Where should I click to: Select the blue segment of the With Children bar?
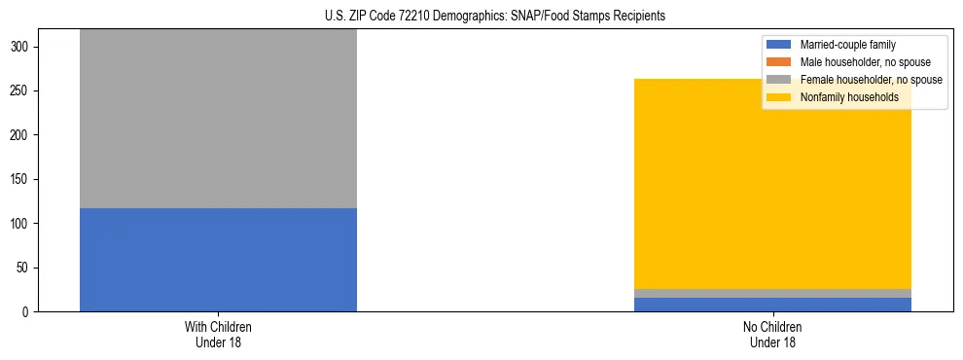click(218, 260)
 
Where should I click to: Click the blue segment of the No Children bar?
click(772, 305)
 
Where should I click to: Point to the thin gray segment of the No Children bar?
click(772, 293)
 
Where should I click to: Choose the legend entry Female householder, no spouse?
click(871, 80)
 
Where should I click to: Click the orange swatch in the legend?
click(780, 62)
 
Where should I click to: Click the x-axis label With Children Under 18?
click(218, 334)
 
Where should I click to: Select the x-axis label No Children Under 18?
click(772, 334)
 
